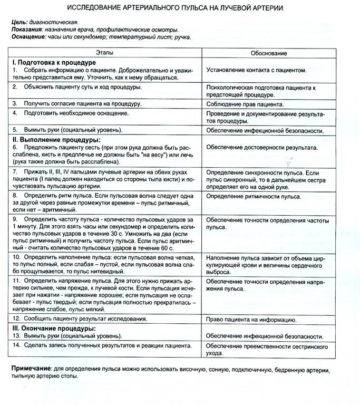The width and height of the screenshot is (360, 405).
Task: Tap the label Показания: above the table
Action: click(x=26, y=30)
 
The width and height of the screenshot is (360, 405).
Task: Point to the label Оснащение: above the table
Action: click(x=28, y=37)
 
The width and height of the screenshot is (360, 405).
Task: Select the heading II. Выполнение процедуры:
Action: click(x=56, y=140)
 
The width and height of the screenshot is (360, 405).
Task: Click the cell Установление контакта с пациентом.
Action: click(x=256, y=70)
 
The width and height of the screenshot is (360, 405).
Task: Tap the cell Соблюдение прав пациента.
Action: click(x=245, y=104)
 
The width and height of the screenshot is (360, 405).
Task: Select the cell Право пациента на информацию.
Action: click(x=251, y=320)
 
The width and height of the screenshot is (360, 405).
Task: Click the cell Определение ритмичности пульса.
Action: click(x=254, y=197)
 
